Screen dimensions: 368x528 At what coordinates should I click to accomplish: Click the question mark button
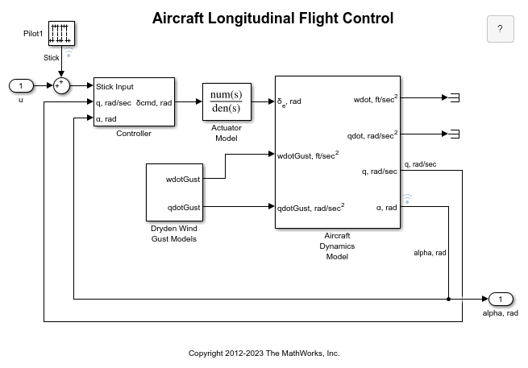[500, 29]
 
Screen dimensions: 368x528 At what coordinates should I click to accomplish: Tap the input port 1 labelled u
[19, 85]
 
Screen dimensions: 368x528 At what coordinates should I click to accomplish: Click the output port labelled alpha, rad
[500, 300]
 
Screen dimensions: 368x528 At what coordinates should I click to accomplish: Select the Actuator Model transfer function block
[227, 101]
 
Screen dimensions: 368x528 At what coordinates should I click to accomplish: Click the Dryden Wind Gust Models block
[173, 192]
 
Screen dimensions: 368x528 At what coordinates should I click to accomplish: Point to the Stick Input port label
[114, 87]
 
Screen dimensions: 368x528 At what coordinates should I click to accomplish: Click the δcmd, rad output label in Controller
[154, 102]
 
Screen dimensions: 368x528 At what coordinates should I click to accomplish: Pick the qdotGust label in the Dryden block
[183, 207]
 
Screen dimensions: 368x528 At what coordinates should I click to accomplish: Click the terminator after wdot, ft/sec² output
[454, 97]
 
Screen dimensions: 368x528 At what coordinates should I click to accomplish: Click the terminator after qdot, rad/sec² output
[454, 134]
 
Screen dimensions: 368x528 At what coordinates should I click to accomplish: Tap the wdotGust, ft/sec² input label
[307, 155]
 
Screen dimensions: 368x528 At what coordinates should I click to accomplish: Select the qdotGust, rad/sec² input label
[310, 207]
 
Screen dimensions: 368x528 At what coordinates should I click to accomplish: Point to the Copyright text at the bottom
[264, 353]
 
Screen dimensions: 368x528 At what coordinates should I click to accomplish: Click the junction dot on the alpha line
[448, 300]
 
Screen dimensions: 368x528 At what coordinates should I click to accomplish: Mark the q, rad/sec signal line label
[420, 163]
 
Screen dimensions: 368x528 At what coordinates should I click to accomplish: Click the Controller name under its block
[134, 134]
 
